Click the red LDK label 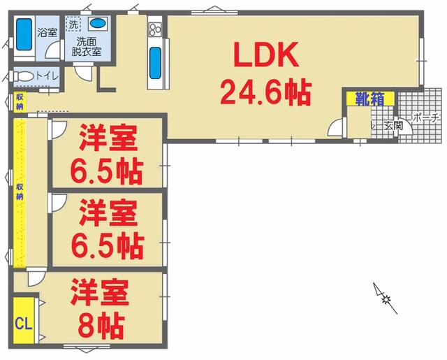pos(266,55)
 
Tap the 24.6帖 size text pos(266,91)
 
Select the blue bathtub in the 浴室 pos(24,32)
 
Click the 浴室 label pos(47,32)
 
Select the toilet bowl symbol pos(23,75)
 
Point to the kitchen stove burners pos(154,29)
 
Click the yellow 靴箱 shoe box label pos(369,99)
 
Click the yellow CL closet pos(24,322)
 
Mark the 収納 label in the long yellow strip pos(20,192)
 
